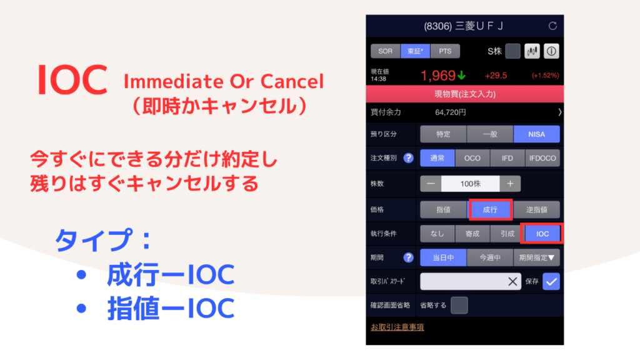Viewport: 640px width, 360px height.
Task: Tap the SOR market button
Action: (x=385, y=51)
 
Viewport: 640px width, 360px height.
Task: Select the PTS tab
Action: (x=445, y=51)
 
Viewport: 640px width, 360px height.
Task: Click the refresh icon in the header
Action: (x=552, y=26)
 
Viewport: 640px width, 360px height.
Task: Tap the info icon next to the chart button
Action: (x=551, y=51)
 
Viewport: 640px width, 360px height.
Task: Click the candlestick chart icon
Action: (x=532, y=51)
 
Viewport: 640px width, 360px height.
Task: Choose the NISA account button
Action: (x=536, y=134)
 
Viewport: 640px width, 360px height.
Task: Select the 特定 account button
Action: (x=443, y=134)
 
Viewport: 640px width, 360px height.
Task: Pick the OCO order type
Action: (x=472, y=158)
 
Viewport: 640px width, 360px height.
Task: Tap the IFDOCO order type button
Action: (x=542, y=158)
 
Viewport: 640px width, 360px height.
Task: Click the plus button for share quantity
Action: (x=510, y=184)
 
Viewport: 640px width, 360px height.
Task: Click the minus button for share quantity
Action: (x=431, y=184)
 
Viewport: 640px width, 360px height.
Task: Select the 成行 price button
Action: (x=490, y=210)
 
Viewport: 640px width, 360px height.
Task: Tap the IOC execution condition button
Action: (x=542, y=234)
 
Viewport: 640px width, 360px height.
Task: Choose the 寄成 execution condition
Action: (x=472, y=234)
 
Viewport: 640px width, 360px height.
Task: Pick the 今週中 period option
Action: (x=490, y=257)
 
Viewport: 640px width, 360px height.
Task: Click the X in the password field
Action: (x=512, y=281)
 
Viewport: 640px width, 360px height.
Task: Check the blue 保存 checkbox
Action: (x=551, y=281)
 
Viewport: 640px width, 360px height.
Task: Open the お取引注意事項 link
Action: (x=397, y=327)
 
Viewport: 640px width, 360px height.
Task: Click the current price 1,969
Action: (x=438, y=76)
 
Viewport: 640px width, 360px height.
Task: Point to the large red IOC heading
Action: (x=72, y=80)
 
